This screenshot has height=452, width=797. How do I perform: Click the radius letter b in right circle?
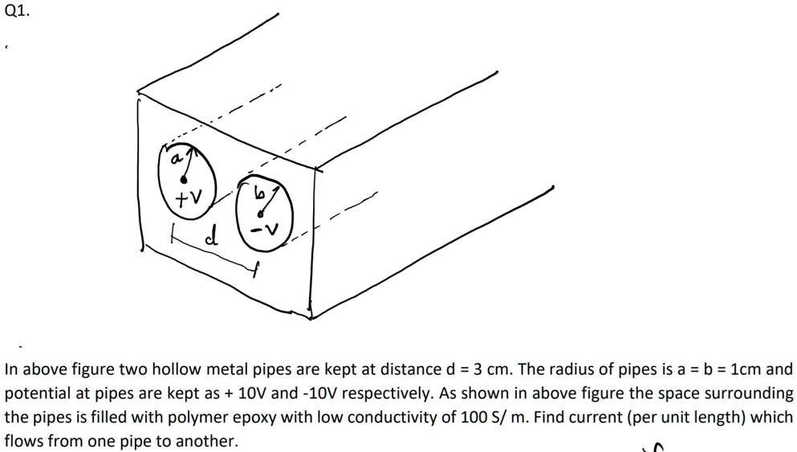(x=258, y=193)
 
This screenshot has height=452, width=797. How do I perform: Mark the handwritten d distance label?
(x=212, y=237)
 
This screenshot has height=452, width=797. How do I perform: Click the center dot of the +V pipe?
(x=184, y=180)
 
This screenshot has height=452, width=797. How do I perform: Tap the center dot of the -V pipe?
(x=260, y=214)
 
